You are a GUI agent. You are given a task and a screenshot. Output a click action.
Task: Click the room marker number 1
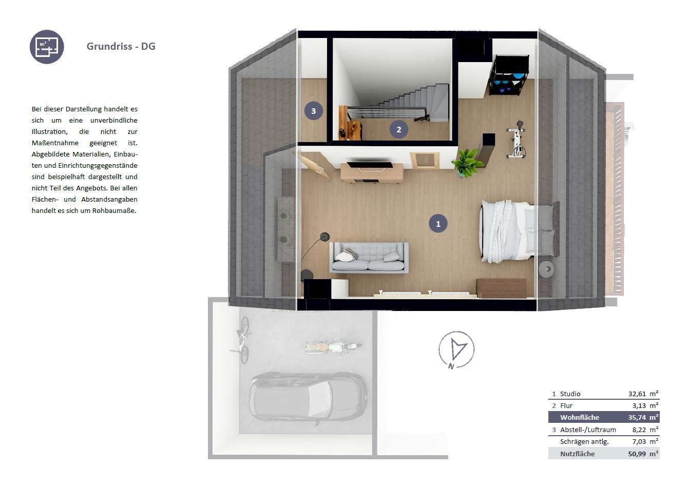[438, 224]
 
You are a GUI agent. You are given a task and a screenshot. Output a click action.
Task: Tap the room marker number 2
[398, 129]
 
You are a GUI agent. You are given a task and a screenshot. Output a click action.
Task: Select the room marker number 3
[313, 111]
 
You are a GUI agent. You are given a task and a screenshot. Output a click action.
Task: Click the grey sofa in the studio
[369, 258]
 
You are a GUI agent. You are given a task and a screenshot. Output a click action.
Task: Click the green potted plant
[466, 162]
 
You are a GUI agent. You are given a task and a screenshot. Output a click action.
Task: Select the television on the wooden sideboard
[370, 165]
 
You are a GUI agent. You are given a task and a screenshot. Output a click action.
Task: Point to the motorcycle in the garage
[333, 347]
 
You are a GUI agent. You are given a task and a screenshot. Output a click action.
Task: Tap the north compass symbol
[456, 349]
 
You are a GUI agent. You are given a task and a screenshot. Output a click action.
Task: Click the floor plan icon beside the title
[47, 47]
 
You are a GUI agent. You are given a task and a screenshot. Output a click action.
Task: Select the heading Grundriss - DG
[121, 46]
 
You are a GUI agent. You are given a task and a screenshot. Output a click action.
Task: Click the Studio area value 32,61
[637, 394]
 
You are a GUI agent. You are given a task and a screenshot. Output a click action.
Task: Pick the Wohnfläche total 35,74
[637, 418]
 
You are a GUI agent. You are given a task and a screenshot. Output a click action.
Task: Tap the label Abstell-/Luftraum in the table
[588, 430]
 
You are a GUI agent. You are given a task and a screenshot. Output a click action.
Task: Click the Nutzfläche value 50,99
[637, 454]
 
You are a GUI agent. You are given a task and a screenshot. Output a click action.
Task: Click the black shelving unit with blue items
[509, 75]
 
